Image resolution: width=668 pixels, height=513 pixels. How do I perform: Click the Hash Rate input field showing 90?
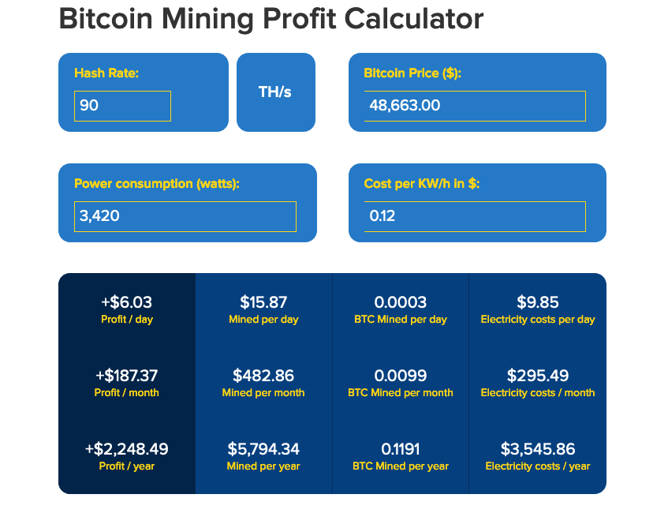coord(122,106)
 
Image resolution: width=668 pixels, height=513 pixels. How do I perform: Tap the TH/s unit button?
coord(275,92)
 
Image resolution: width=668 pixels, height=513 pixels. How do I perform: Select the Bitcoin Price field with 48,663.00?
coord(474,106)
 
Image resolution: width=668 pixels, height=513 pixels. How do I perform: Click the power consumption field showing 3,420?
coord(185,216)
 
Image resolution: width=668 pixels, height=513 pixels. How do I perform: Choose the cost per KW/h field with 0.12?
coord(474,216)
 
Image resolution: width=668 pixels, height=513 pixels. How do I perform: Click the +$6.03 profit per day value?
coord(127,302)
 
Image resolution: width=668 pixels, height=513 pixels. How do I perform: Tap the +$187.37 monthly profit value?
coord(127,376)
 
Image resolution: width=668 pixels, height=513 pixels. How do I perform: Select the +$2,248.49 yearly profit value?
coord(127,449)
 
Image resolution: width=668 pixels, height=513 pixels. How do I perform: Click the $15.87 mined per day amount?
coord(263,302)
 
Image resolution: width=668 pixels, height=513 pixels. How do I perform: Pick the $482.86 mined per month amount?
coord(263,376)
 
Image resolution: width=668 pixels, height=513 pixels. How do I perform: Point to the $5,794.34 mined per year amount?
coord(263,449)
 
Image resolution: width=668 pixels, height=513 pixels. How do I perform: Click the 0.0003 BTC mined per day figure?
coord(401,302)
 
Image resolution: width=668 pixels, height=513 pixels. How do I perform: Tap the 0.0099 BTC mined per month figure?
coord(401,376)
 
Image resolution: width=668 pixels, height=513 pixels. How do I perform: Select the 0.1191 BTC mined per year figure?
coord(401,449)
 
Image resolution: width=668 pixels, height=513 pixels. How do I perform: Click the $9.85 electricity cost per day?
coord(538,302)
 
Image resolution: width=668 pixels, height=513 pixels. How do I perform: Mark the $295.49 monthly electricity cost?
coord(538,376)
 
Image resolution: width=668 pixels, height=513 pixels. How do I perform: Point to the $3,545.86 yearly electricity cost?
coord(538,449)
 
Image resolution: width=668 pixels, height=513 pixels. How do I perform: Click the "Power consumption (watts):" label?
coord(156,184)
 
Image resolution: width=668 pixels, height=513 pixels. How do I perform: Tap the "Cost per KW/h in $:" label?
coord(422,184)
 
